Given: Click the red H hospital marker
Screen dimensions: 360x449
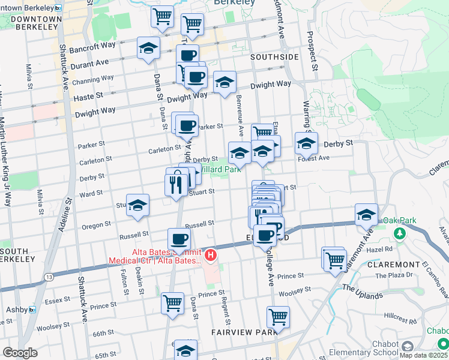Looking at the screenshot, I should (211, 256).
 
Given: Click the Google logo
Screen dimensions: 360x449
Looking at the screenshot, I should (20, 353).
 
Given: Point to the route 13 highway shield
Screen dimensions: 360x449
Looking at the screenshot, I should (47, 277).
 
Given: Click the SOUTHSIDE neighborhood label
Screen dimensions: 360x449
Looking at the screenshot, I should (274, 57).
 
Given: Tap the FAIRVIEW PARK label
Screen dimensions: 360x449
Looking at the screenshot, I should (244, 331).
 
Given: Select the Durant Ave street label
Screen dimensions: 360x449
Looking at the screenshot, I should (89, 62).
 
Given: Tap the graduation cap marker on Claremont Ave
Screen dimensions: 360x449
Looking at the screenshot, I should (366, 214).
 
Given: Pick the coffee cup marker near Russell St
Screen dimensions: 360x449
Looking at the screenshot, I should (179, 239).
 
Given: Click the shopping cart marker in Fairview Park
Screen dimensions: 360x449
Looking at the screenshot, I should (278, 316).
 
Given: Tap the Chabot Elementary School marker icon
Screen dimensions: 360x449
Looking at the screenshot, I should (408, 346).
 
